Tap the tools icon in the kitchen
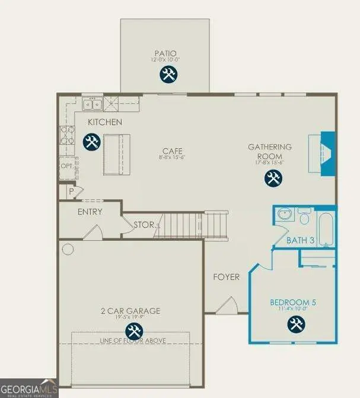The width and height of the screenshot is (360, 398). click(x=91, y=142)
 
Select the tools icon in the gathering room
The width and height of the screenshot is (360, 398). click(x=273, y=177)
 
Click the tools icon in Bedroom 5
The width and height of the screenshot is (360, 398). click(x=295, y=324)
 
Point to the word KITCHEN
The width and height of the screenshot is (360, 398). click(x=105, y=122)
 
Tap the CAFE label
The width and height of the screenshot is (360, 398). click(x=173, y=151)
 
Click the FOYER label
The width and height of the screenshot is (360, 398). click(x=227, y=277)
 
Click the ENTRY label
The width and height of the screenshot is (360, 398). click(x=90, y=212)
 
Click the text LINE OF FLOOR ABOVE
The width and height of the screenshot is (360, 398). click(x=133, y=340)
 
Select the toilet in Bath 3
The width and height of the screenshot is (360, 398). click(x=305, y=217)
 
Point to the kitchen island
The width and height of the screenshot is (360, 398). click(x=116, y=154)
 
